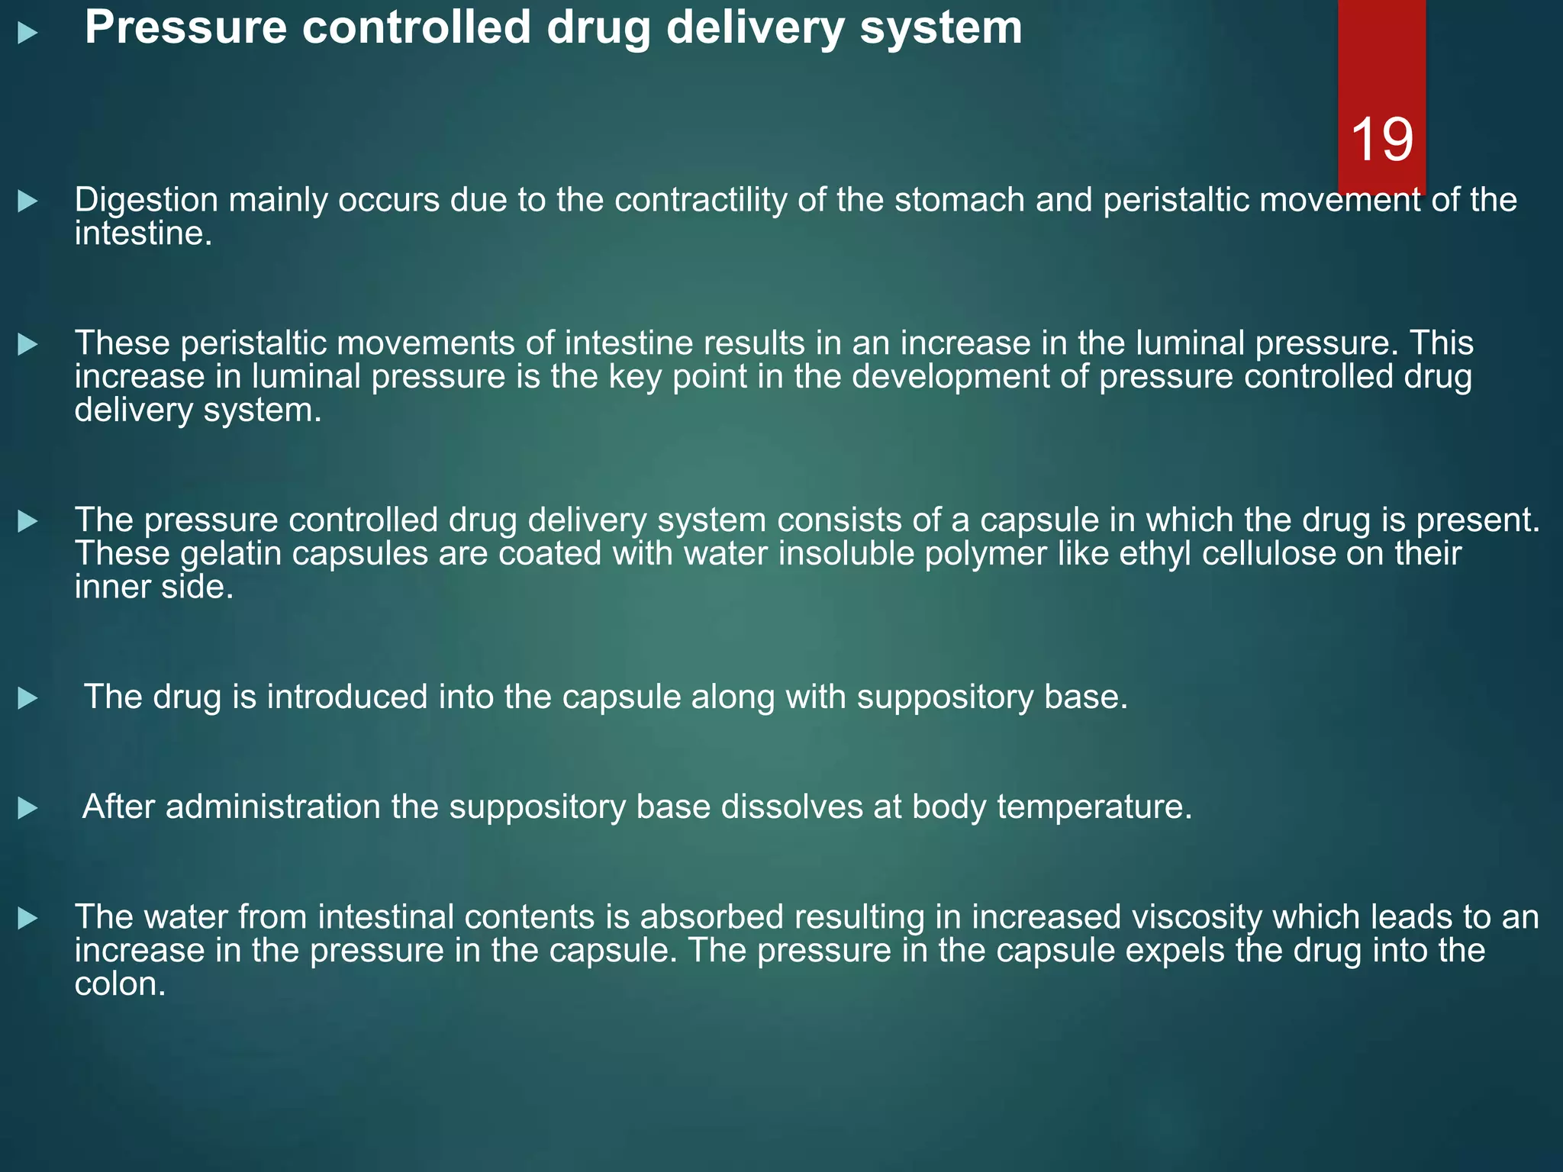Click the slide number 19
point(1381,140)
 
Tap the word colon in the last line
point(119,985)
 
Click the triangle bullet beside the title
point(27,32)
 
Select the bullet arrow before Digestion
point(27,201)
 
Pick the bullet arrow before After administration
point(27,808)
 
